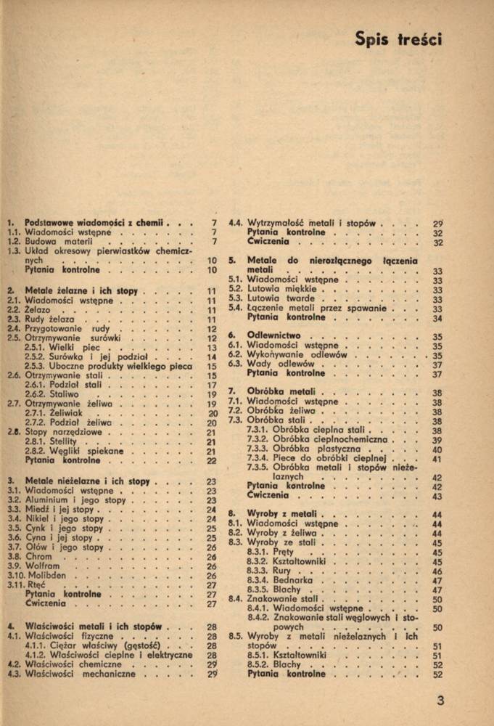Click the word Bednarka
(x=294, y=580)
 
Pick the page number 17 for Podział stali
(x=212, y=386)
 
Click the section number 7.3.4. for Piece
(x=258, y=459)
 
